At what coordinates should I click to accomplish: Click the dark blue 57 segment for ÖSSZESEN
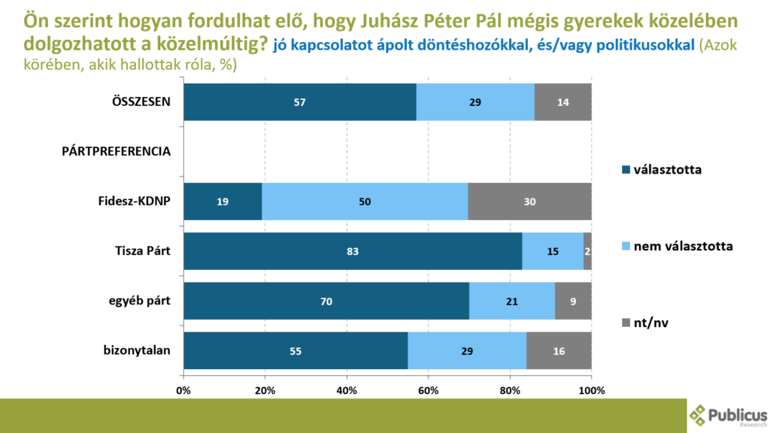coord(299,102)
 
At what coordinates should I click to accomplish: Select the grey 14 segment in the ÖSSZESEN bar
coord(562,102)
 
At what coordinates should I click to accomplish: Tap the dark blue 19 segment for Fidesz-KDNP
coord(223,202)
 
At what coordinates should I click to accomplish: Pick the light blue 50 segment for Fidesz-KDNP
coord(365,202)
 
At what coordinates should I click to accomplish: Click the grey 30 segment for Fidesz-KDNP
coord(529,202)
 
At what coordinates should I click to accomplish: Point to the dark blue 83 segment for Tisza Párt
coord(353,252)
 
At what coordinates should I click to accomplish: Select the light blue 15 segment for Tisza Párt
coord(553,252)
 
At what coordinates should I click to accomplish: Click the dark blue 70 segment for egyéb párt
coord(326,301)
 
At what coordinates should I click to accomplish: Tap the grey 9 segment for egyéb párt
coord(573,301)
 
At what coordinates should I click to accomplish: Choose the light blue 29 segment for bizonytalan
coord(467,351)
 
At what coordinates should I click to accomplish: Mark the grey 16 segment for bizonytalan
coord(559,351)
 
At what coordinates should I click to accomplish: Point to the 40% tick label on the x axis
coord(347,391)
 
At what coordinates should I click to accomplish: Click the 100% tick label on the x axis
coord(591,391)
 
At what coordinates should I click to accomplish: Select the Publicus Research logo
coord(728,415)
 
